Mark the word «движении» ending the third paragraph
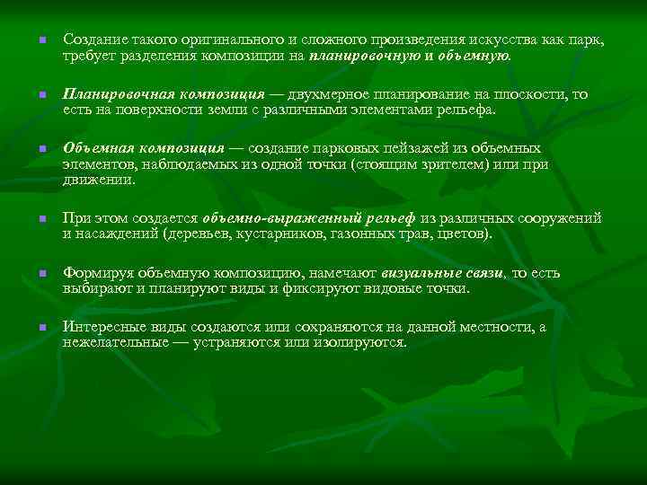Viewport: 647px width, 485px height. tap(99, 180)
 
